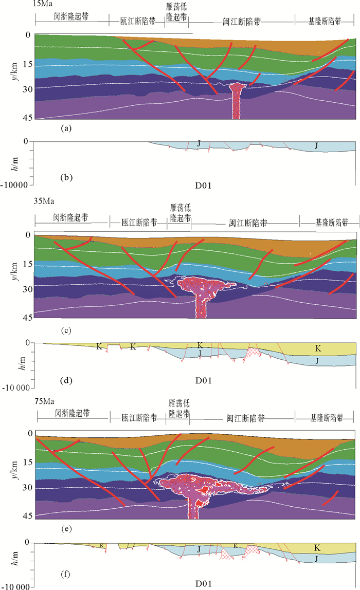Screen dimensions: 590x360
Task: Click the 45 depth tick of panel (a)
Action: (x=28, y=117)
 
